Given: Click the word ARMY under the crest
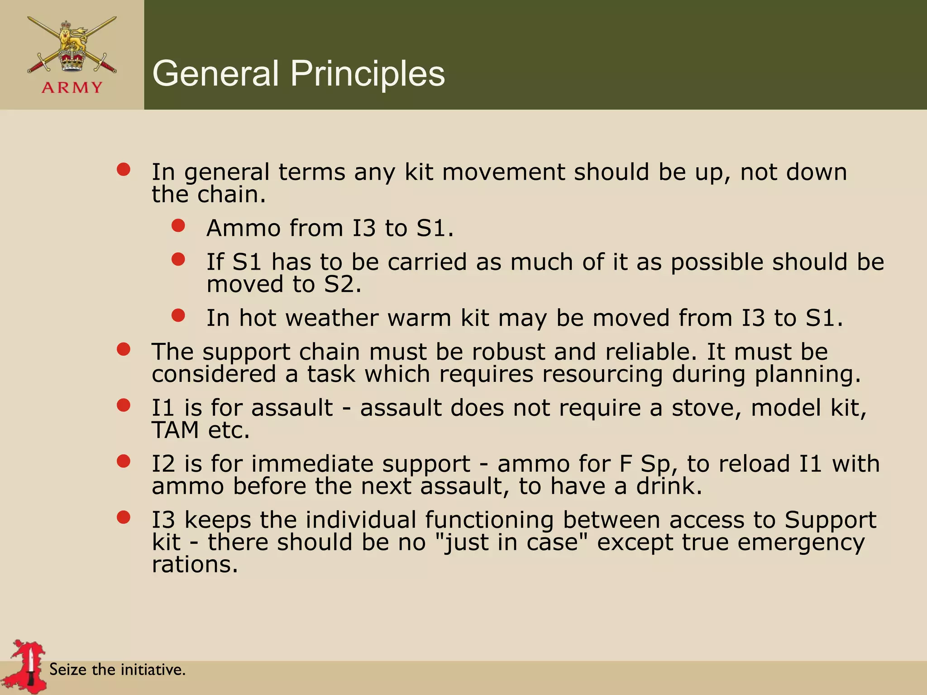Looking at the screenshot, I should (72, 87).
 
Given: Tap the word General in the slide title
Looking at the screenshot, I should (216, 73).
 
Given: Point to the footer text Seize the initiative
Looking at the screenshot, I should (117, 669).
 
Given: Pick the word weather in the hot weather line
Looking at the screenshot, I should (332, 318).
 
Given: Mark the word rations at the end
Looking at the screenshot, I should (195, 565).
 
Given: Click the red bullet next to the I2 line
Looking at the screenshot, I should (124, 461).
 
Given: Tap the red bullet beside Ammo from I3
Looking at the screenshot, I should (178, 225).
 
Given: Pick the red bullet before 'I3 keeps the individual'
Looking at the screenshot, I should (124, 517).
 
